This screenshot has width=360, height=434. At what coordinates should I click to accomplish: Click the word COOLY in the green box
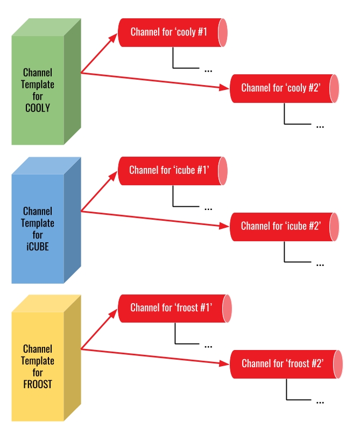coord(38,108)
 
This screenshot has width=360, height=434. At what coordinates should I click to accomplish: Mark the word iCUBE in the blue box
coord(38,248)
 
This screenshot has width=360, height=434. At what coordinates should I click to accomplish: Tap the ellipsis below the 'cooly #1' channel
coord(209,70)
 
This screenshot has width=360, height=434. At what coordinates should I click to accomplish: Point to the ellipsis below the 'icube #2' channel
coord(320,264)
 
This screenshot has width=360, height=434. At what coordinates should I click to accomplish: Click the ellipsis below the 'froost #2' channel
coord(320,402)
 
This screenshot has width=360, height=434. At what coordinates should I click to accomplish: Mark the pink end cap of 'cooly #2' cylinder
coord(334,88)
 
